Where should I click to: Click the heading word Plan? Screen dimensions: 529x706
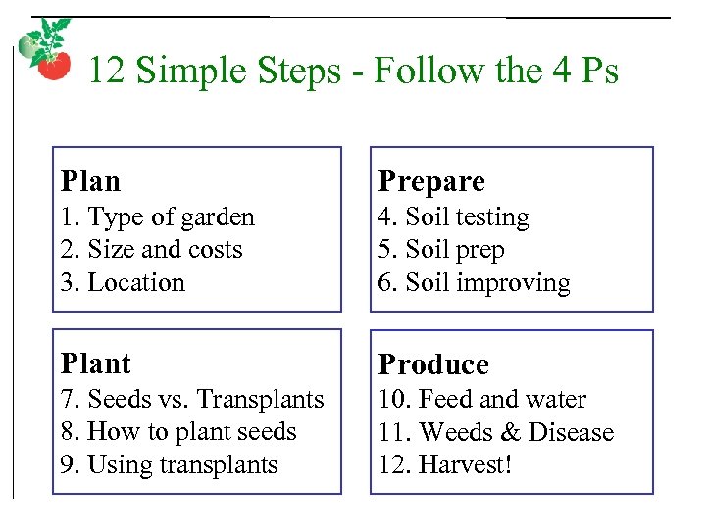click(90, 181)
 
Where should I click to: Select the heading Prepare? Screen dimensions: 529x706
click(431, 181)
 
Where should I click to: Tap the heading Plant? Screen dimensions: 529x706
click(95, 363)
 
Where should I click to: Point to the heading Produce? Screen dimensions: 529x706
click(433, 364)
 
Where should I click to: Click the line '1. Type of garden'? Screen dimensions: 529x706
click(157, 217)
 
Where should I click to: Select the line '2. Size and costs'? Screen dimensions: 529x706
click(151, 250)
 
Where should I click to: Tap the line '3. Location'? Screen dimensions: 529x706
click(123, 283)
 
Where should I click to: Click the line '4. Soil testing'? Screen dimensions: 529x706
click(453, 217)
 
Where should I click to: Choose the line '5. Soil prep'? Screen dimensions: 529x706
click(441, 250)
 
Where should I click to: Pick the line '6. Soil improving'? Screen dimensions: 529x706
click(474, 283)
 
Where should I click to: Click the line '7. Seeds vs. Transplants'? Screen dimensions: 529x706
click(192, 400)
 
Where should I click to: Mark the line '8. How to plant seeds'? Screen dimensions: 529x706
click(178, 432)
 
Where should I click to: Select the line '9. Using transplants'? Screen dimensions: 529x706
click(169, 465)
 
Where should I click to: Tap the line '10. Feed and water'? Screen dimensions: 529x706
click(481, 400)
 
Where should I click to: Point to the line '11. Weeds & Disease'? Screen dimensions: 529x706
click(495, 432)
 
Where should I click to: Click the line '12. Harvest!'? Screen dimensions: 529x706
click(445, 465)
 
